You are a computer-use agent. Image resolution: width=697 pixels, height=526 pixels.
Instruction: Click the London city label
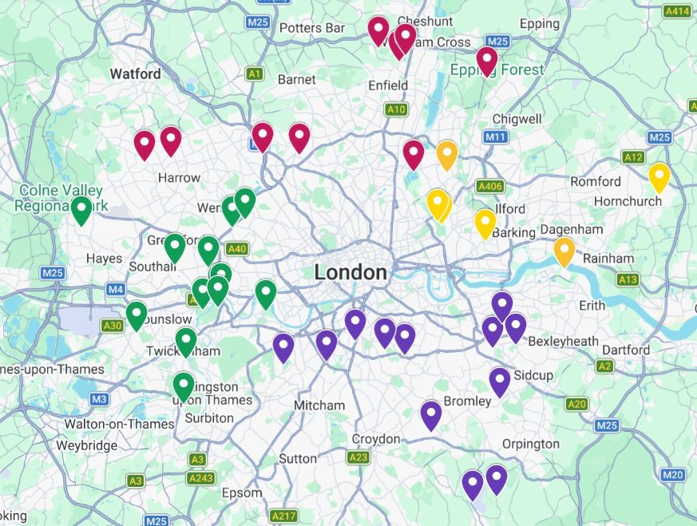(350, 272)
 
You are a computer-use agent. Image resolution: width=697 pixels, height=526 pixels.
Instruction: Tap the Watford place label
(135, 73)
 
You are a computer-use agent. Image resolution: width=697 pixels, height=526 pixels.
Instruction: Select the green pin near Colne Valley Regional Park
(81, 210)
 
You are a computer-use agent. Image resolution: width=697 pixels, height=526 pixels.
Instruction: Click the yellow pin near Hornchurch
(659, 176)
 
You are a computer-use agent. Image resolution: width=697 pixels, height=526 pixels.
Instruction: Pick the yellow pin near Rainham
(564, 251)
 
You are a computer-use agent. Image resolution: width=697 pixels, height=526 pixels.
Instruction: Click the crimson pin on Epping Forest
(486, 61)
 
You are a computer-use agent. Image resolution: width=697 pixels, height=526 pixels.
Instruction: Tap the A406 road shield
(489, 186)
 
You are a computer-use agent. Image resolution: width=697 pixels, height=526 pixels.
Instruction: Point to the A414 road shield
(677, 11)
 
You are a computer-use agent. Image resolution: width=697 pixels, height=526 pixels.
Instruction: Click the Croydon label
(376, 439)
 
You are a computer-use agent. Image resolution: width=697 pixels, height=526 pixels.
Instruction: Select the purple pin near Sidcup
(500, 382)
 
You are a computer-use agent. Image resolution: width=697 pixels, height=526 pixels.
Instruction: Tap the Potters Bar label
(312, 28)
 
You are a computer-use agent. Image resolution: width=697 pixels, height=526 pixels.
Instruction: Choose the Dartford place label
(626, 350)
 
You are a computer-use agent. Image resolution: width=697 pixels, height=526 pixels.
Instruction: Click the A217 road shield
(283, 516)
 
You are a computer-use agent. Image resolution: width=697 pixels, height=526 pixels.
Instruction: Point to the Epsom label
(241, 492)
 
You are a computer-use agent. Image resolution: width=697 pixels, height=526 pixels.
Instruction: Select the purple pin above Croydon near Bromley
(431, 415)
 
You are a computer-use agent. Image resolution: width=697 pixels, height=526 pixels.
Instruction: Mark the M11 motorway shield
(496, 137)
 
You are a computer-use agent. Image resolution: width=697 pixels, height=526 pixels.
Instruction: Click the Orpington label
(531, 444)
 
